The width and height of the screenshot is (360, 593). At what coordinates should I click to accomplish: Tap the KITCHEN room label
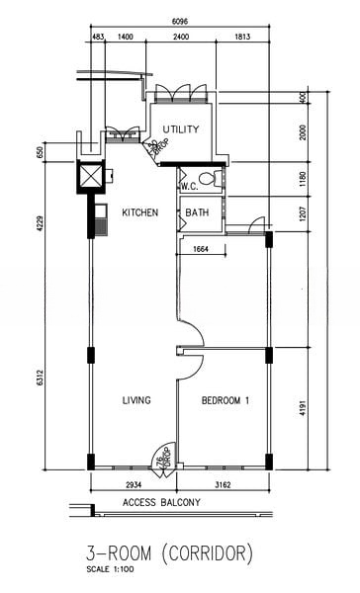[140, 212]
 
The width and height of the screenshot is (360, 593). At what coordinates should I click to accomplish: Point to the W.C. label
[189, 186]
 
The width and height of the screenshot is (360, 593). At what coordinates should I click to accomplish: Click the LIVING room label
[135, 400]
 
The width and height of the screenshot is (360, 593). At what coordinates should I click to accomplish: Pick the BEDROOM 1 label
[225, 400]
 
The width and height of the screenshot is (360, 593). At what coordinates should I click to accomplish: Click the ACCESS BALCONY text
[161, 503]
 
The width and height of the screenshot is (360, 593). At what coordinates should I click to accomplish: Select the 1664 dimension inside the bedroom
[202, 249]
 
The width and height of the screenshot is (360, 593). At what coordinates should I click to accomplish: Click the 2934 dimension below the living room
[133, 486]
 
